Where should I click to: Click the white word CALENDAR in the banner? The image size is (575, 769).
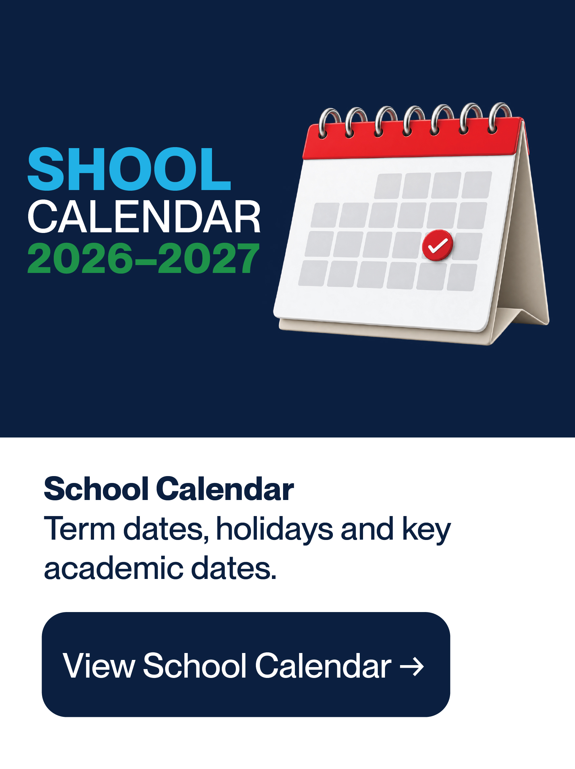(144, 217)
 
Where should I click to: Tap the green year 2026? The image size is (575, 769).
(80, 258)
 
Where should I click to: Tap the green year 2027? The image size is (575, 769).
(209, 258)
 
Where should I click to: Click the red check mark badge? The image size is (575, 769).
(437, 245)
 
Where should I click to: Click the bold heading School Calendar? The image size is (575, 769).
(169, 489)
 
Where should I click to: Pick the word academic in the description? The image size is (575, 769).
(113, 569)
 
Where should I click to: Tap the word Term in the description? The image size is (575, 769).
(80, 529)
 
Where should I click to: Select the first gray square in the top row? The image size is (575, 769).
(388, 186)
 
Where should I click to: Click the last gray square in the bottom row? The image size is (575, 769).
(462, 277)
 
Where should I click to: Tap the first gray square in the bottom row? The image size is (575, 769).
(313, 273)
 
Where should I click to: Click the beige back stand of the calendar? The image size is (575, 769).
(522, 243)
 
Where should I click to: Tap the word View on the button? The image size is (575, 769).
(99, 665)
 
